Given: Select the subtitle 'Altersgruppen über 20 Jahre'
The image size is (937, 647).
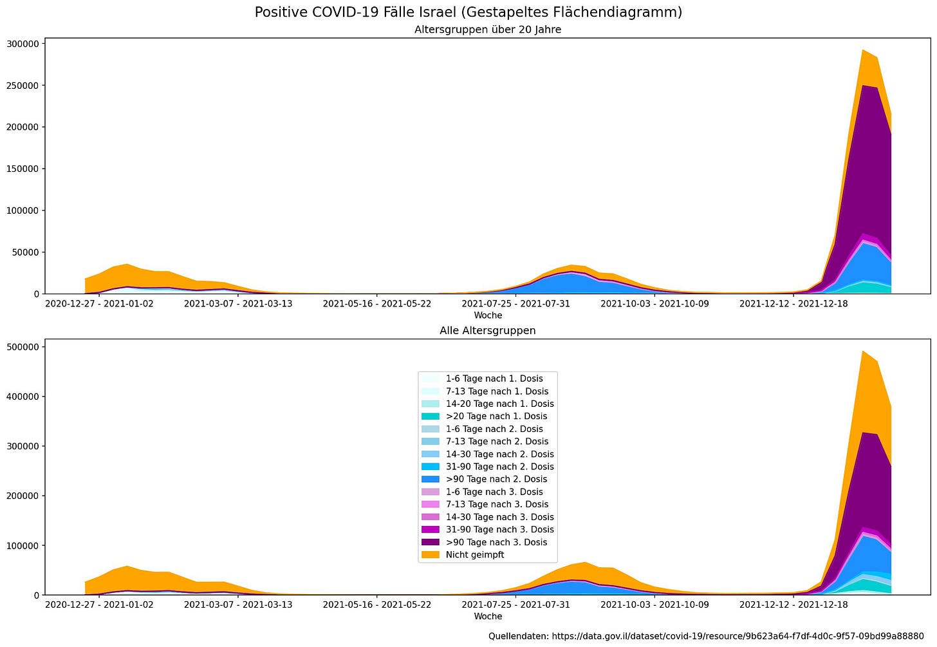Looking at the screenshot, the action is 488,30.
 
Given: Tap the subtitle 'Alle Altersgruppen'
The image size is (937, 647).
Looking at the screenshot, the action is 488,331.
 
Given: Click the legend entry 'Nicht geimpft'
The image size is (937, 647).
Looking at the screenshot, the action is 475,555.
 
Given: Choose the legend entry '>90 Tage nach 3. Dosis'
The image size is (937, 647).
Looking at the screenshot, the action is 496,542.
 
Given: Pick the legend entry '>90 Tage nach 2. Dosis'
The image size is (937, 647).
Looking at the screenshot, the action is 496,479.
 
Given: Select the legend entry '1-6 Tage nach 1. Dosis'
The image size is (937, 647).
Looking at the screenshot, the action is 494,379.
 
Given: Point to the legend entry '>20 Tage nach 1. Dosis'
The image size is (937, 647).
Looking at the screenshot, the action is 496,417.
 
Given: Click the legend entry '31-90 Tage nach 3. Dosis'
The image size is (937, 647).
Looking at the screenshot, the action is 500,530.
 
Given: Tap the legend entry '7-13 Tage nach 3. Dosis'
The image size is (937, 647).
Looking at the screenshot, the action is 497,505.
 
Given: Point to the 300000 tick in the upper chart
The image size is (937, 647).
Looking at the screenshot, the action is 23,44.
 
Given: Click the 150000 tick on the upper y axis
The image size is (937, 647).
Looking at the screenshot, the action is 23,169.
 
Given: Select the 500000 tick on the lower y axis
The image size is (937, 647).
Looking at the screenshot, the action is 23,348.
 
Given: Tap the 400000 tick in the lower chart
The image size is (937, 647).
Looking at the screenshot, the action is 23,397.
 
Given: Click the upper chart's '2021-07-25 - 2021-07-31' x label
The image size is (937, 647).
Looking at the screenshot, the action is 515,304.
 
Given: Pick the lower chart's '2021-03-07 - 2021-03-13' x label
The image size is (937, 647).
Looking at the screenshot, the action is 238,605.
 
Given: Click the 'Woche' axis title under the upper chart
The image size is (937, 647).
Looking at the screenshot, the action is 488,315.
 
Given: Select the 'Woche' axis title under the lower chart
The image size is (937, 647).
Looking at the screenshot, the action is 488,617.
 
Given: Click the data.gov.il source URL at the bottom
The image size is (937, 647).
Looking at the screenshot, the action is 738,637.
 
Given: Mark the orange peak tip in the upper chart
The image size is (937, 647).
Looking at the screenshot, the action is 862,50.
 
